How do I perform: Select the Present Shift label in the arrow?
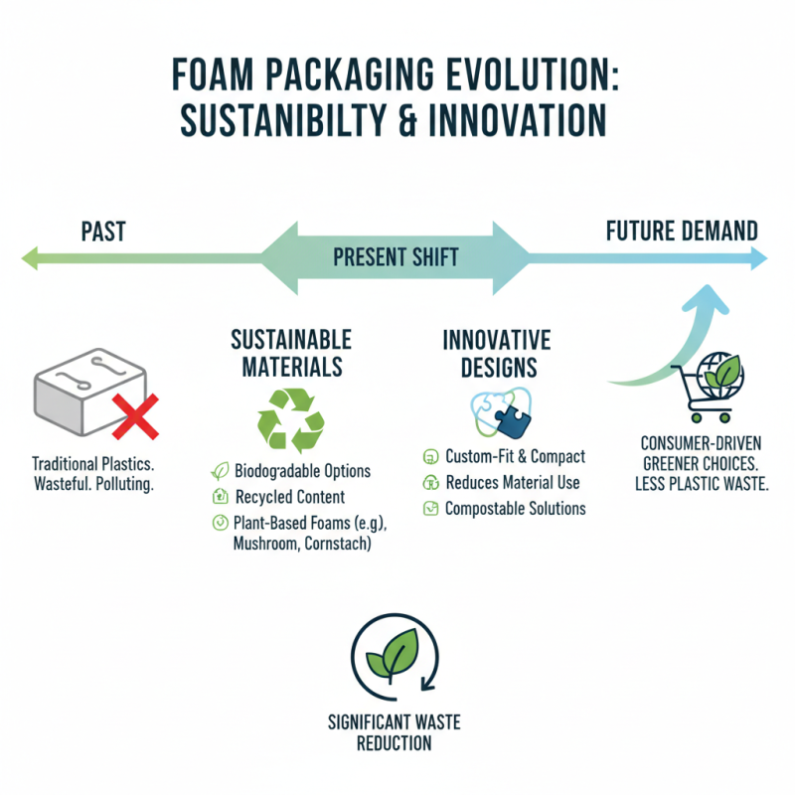click(396, 258)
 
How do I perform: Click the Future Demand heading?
click(682, 232)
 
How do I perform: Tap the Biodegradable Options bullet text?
click(302, 471)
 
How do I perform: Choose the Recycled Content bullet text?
click(289, 497)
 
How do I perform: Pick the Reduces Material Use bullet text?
click(512, 483)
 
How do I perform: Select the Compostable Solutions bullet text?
click(515, 509)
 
